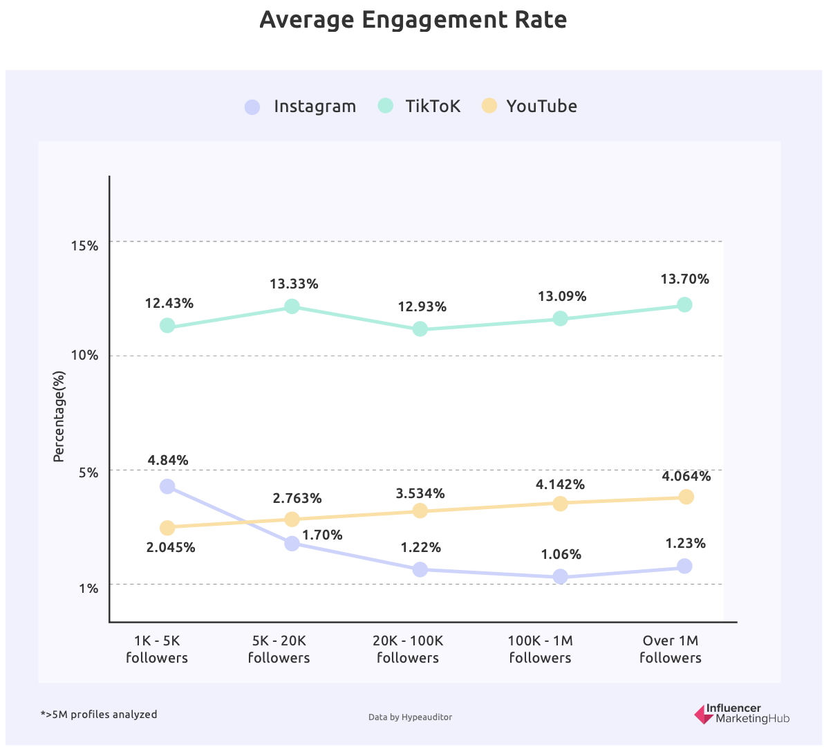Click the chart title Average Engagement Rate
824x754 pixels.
point(413,20)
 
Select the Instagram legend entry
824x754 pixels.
point(301,107)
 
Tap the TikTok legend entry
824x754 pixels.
point(420,106)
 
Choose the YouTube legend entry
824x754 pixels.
point(530,106)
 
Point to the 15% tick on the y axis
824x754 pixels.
point(85,246)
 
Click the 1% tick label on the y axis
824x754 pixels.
point(88,588)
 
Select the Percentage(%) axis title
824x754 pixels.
point(59,416)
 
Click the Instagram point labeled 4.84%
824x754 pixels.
point(167,486)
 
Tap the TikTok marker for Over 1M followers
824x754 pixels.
point(684,304)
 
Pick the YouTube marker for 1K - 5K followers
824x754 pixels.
point(167,528)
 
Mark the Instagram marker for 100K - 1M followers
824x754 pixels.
point(561,576)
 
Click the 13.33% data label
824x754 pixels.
point(294,284)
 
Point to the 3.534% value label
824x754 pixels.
point(420,493)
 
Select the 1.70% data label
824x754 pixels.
point(322,535)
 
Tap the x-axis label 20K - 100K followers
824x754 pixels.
point(408,649)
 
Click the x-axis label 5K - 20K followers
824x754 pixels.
point(279,649)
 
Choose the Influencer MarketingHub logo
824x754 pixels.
point(742,714)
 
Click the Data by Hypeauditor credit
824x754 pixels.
point(410,717)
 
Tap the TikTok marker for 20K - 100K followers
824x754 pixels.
point(420,329)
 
